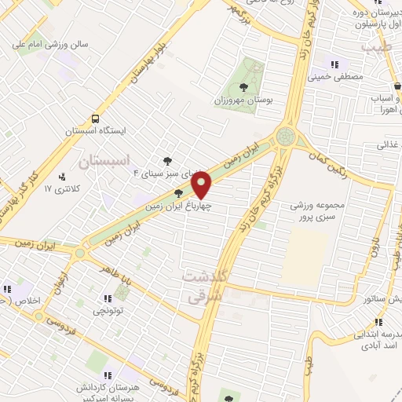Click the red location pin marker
pyautogui.click(x=203, y=185)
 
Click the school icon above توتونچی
pyautogui.click(x=107, y=299)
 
